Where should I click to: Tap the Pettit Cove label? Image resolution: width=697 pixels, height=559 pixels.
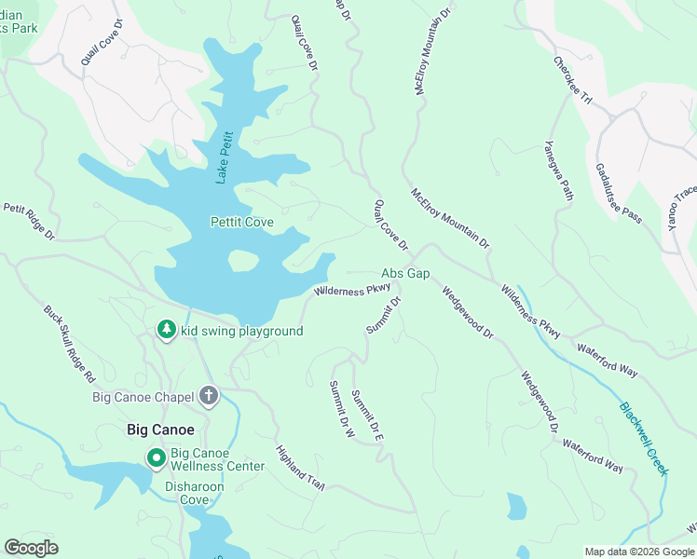(241, 222)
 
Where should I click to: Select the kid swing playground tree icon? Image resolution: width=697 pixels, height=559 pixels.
(167, 330)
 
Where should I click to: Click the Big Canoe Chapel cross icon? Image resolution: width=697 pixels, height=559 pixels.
(208, 397)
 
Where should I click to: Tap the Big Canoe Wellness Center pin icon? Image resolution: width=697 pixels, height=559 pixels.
(155, 457)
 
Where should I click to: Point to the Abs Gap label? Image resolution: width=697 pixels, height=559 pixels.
(405, 273)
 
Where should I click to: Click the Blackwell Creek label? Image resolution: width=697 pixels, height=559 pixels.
(644, 438)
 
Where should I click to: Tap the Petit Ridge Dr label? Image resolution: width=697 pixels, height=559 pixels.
(29, 218)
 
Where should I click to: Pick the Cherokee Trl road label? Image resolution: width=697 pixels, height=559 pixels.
(573, 80)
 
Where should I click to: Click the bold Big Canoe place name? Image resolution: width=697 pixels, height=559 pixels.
(160, 429)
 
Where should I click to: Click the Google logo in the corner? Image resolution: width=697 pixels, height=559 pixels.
(31, 548)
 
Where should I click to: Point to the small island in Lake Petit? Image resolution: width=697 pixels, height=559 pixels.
(242, 262)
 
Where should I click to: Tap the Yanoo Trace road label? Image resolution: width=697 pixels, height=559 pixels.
(683, 211)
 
